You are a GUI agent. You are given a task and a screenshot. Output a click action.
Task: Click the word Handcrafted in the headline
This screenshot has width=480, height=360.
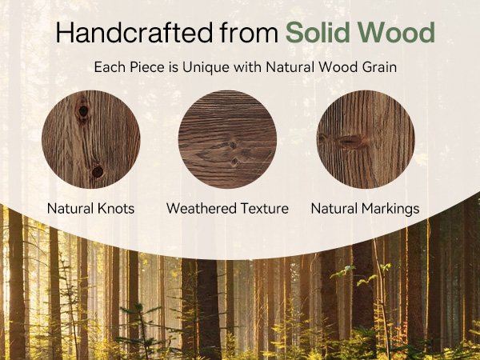[134, 33]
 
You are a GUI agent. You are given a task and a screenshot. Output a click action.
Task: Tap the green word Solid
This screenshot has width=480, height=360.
[318, 32]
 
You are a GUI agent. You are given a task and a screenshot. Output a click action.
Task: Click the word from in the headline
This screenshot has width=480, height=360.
[249, 33]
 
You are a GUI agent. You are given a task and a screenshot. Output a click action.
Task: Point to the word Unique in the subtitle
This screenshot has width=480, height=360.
[206, 67]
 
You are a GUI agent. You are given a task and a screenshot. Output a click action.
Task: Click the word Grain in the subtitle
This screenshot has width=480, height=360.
[379, 67]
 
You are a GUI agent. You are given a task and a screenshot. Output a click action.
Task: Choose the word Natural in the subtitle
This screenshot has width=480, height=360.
[290, 67]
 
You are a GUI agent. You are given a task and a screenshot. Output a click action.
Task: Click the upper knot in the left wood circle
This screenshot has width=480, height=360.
[83, 111]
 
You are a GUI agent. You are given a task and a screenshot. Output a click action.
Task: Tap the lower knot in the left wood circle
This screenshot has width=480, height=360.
[98, 172]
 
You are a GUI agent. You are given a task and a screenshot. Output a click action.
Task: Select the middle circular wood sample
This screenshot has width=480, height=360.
[227, 139]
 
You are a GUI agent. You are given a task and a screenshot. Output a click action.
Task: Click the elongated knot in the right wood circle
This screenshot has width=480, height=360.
[350, 141]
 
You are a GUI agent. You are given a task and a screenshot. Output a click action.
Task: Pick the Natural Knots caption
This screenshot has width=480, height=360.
[90, 209]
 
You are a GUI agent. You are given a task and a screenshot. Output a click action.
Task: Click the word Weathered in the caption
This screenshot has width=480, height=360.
[201, 209]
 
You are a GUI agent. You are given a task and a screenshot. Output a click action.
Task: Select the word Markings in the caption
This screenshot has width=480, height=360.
[390, 209]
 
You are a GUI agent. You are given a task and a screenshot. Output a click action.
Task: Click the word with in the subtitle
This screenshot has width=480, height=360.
[248, 67]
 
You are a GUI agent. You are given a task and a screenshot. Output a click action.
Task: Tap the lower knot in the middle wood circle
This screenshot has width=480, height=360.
[235, 162]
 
